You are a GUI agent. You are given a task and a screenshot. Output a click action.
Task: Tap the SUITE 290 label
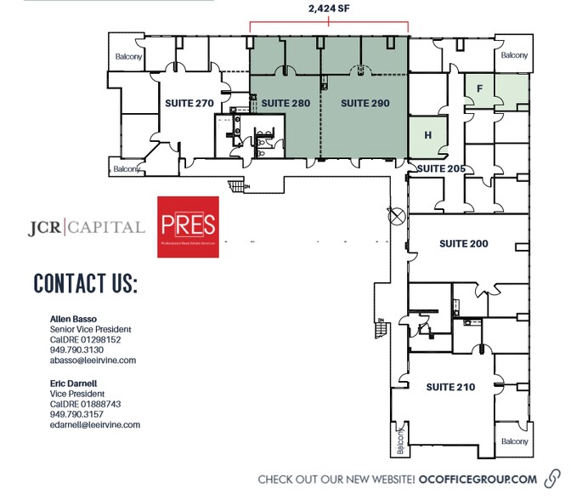tap(365, 103)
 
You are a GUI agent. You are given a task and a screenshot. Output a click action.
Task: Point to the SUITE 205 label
tap(440, 168)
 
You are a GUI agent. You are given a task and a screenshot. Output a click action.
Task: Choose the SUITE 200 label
tap(464, 243)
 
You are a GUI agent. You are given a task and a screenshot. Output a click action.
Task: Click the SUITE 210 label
tap(449, 387)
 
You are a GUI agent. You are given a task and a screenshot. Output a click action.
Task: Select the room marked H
tap(428, 135)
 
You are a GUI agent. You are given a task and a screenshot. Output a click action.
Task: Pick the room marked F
tap(480, 88)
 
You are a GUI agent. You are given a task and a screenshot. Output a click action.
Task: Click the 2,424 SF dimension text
tap(328, 11)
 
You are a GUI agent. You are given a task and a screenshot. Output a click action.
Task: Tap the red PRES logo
tap(189, 227)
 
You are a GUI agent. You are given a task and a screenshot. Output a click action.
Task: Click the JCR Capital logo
tap(85, 227)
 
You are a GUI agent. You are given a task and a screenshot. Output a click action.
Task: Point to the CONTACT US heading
tap(85, 284)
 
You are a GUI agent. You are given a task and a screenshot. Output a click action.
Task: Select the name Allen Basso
tap(74, 319)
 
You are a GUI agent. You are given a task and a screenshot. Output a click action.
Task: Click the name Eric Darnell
tap(75, 384)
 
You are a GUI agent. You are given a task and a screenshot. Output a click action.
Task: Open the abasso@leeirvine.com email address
tap(93, 360)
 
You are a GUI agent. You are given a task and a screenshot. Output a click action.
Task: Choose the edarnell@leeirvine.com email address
tap(95, 424)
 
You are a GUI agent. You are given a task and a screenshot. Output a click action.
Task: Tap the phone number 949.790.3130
tap(77, 349)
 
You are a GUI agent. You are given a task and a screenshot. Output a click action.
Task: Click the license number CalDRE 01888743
tap(86, 404)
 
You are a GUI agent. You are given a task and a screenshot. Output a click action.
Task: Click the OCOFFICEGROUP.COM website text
tap(478, 480)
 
